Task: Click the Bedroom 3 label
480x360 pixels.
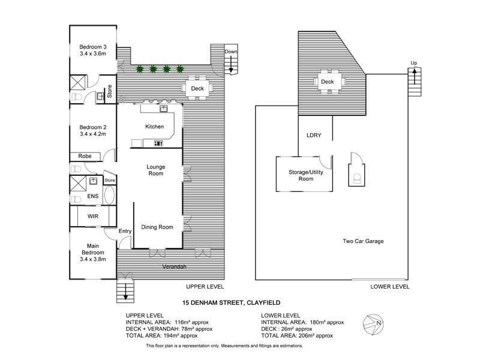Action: [93, 47]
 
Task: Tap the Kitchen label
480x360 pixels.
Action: [154, 127]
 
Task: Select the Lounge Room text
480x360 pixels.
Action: [156, 170]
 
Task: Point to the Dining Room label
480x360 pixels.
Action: [157, 227]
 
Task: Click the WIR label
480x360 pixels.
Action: [93, 217]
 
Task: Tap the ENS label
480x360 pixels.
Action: [93, 196]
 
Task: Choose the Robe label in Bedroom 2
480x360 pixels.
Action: [85, 156]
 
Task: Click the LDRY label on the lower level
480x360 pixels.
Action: [314, 135]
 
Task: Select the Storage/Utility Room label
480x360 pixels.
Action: [306, 175]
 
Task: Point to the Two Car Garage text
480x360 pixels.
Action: [363, 241]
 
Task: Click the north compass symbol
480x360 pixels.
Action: [373, 325]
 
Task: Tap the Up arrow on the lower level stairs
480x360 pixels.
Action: [414, 76]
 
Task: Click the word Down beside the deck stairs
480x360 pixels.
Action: [231, 52]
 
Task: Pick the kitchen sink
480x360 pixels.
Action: [163, 109]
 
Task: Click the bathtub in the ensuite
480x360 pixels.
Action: [109, 196]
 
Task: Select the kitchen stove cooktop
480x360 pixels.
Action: [158, 143]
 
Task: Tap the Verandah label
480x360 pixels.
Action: [174, 266]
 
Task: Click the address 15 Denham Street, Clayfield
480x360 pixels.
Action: [232, 303]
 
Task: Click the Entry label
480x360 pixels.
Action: [125, 231]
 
